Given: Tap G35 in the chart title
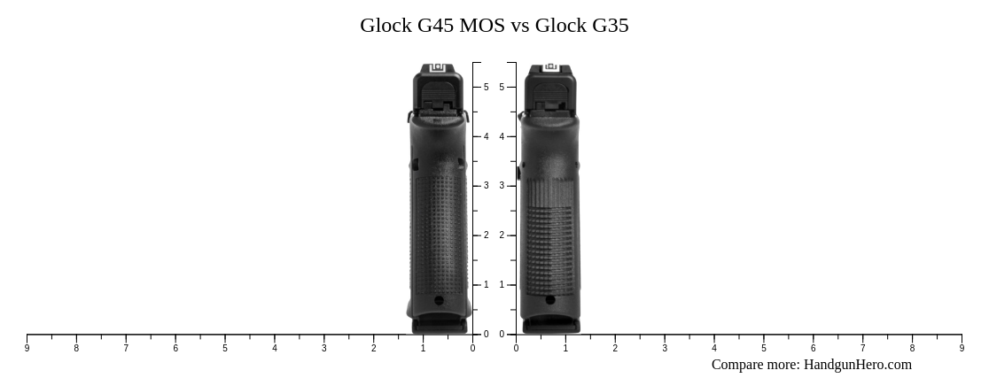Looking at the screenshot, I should [x=610, y=26].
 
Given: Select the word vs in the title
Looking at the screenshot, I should [x=519, y=26].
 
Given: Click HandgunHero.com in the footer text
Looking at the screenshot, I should [x=857, y=365].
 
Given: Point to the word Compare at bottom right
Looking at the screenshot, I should [x=738, y=365].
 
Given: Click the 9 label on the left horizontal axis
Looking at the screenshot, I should [x=27, y=349].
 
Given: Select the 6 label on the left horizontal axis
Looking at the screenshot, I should [x=175, y=349].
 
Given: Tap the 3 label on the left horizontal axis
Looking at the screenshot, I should [x=323, y=349].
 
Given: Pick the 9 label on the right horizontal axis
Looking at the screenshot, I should [x=962, y=349].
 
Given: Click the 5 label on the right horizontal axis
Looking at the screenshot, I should [x=763, y=349].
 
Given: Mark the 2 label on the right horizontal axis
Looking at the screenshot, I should [x=615, y=349].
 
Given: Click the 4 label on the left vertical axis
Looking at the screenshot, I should [x=486, y=136].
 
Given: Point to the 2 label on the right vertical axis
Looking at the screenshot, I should [x=502, y=235].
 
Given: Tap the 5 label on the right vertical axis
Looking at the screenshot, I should [x=502, y=87].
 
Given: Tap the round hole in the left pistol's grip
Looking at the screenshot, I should [x=439, y=301].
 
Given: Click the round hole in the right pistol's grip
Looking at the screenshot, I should [x=550, y=300].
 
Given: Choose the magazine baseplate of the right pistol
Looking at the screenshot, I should [x=551, y=327].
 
